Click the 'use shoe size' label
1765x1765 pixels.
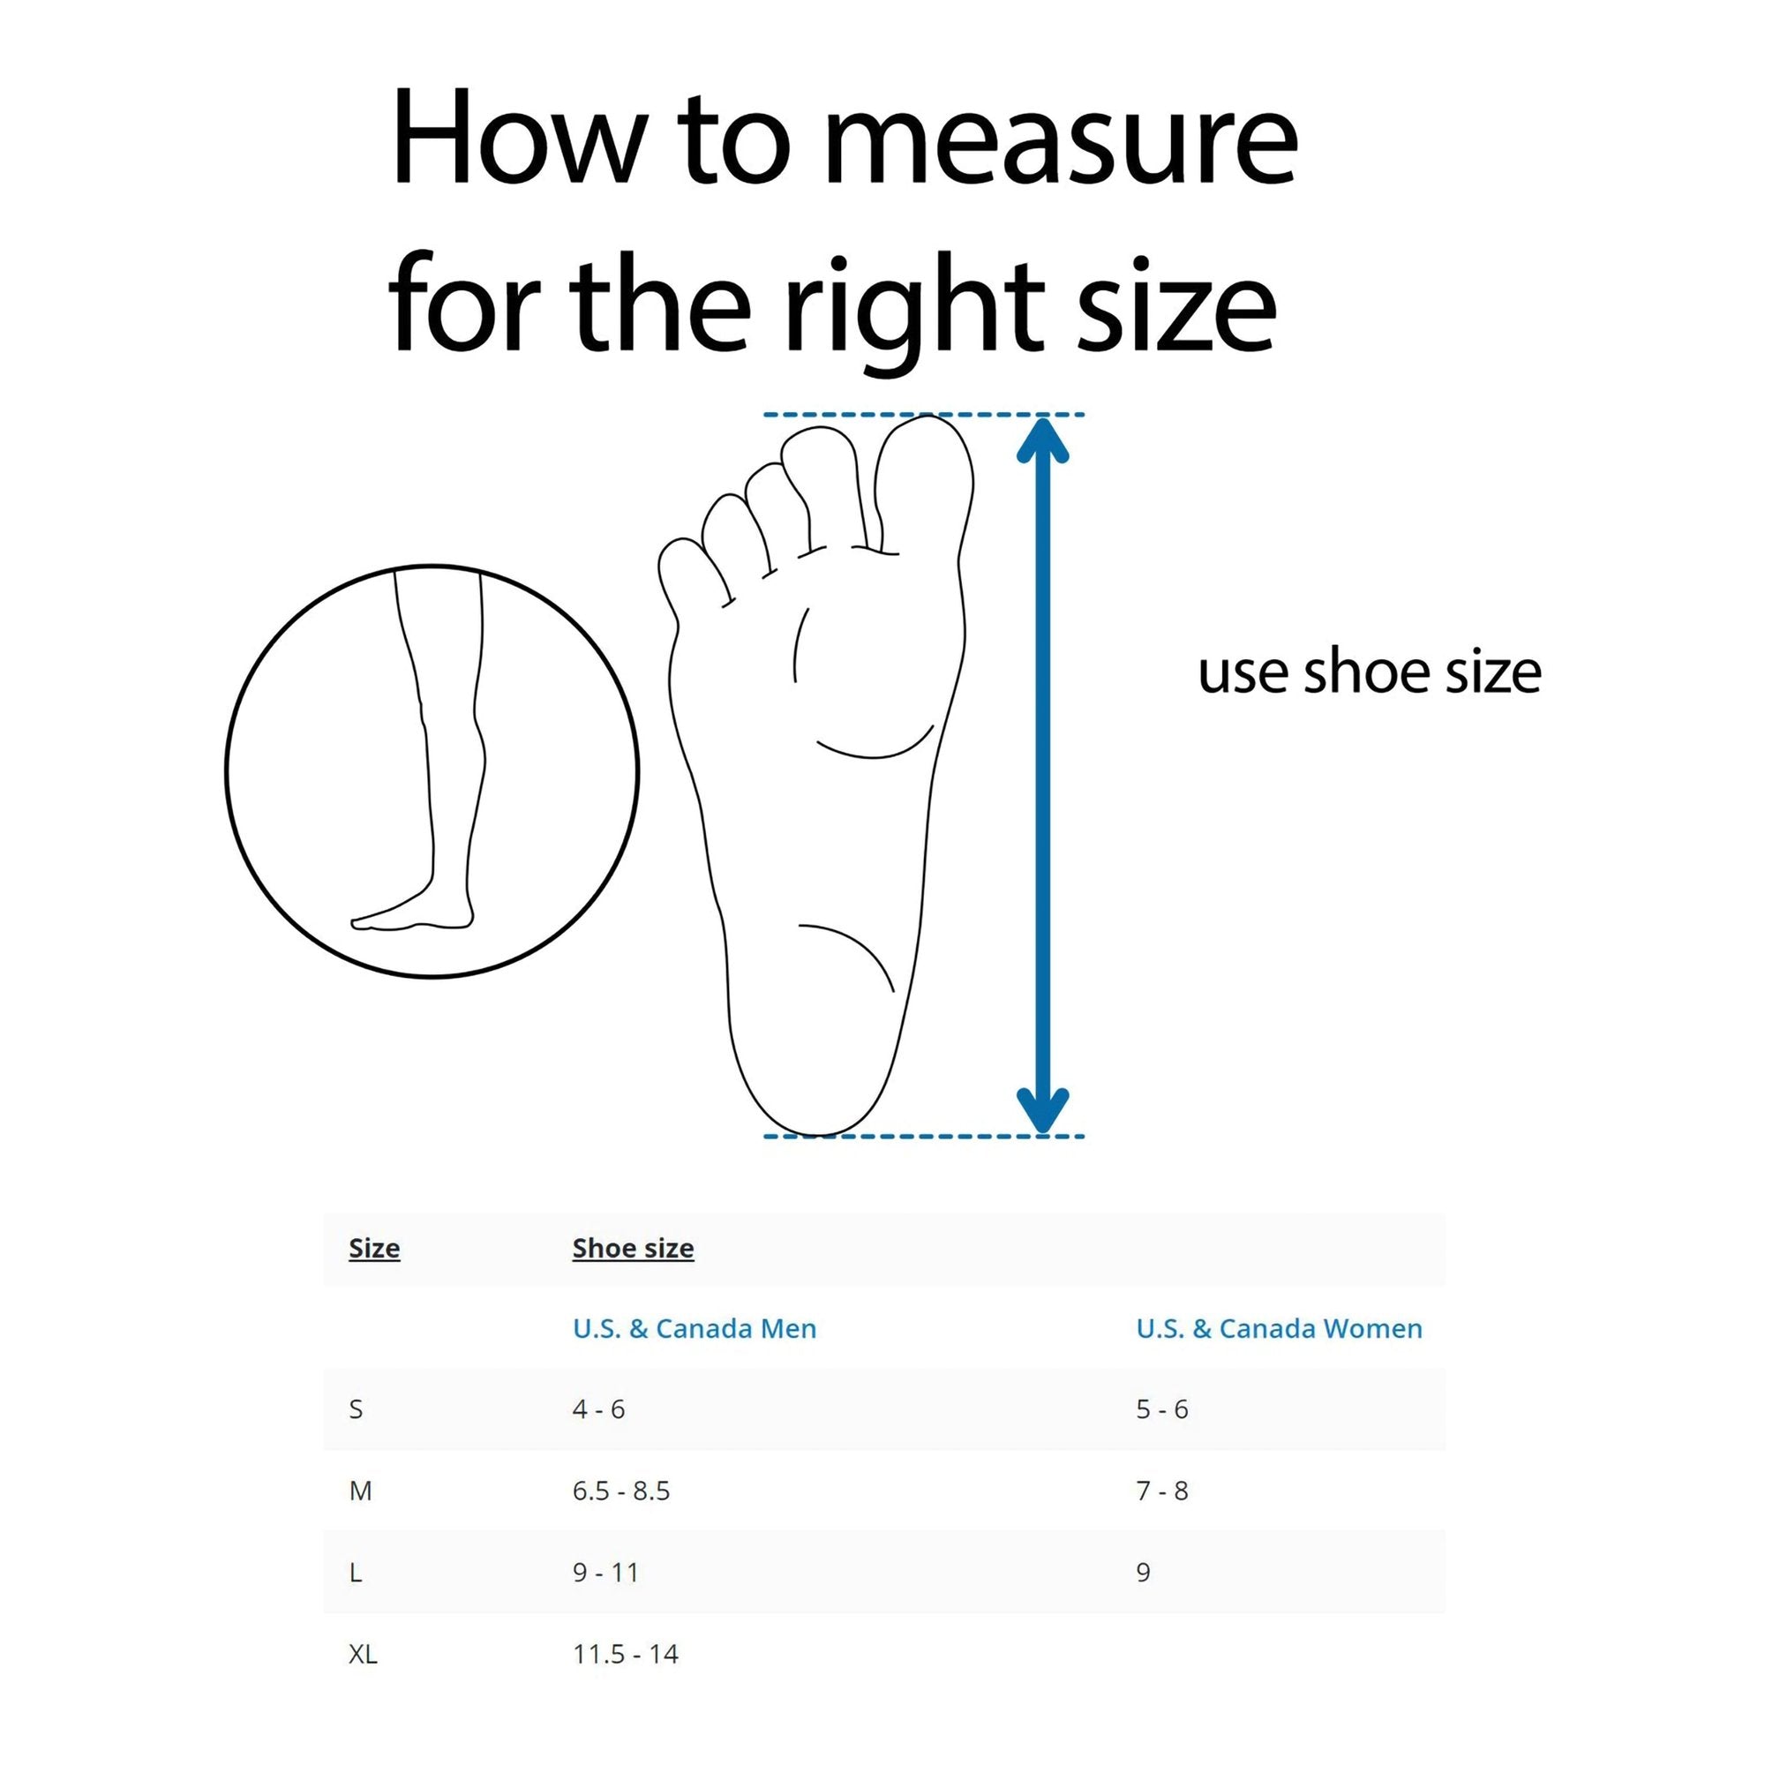coord(1370,672)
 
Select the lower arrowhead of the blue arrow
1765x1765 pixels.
coord(1042,1110)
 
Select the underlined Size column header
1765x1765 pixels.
coord(374,1249)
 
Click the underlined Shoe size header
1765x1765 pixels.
coord(633,1249)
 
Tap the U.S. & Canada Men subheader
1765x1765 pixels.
coord(695,1329)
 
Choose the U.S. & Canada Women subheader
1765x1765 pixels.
coord(1279,1329)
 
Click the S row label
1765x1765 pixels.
coord(357,1409)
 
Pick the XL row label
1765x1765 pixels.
coord(363,1655)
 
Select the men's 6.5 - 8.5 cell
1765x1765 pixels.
coord(621,1491)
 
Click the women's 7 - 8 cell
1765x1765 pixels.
coord(1162,1491)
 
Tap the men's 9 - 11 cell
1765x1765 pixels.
coord(605,1573)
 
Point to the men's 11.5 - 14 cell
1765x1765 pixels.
coord(626,1655)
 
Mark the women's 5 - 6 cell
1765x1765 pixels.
coord(1162,1409)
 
